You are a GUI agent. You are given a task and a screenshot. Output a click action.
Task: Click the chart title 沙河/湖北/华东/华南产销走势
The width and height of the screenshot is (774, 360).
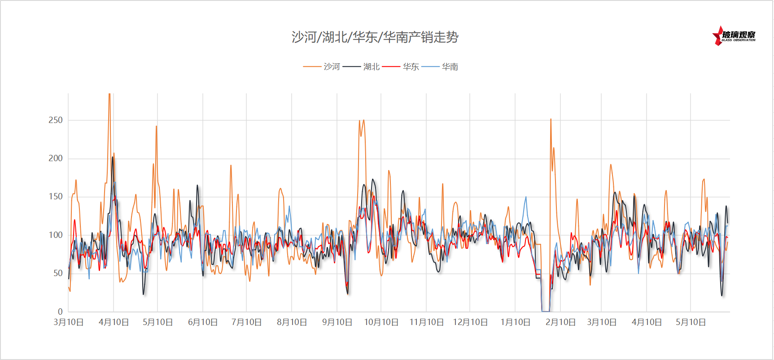coord(375,37)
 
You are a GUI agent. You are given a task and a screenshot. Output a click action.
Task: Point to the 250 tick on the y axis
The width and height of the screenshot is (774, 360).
coord(55,120)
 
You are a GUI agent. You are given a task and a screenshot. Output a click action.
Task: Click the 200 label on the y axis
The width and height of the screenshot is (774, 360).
coord(55,158)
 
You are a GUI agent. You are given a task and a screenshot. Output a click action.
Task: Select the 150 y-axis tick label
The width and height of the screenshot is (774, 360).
coord(55,196)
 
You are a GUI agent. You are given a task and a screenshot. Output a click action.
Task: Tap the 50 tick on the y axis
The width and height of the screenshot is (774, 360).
coord(57,273)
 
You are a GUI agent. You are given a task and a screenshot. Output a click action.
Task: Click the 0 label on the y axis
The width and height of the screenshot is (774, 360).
coord(60,312)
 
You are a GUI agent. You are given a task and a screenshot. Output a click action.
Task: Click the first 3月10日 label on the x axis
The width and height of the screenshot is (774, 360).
coord(69,322)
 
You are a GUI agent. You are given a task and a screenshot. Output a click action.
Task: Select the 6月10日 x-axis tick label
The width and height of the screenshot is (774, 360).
coord(203,322)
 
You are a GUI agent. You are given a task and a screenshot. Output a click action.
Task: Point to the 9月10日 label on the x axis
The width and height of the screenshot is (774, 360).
coord(337,322)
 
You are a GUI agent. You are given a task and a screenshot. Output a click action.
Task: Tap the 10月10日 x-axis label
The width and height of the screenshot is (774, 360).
coord(381,322)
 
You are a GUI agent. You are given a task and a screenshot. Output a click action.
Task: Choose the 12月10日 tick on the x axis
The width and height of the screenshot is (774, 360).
coord(470,322)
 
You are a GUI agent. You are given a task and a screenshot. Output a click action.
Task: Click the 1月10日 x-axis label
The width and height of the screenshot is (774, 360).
coord(515,322)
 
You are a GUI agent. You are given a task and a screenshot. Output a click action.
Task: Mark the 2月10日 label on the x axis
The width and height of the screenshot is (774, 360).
coord(560,322)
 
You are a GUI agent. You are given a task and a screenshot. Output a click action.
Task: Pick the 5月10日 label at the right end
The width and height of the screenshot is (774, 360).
coord(691,322)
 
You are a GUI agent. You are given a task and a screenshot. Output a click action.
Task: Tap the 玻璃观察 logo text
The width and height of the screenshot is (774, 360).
coord(739,35)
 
